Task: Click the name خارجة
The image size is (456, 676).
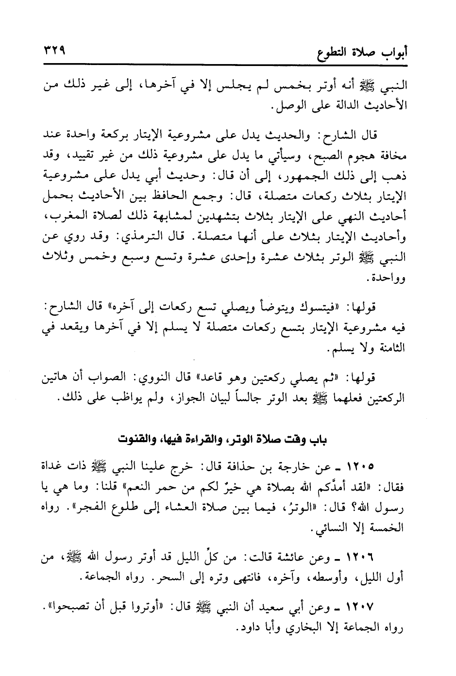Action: pyautogui.click(x=298, y=467)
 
